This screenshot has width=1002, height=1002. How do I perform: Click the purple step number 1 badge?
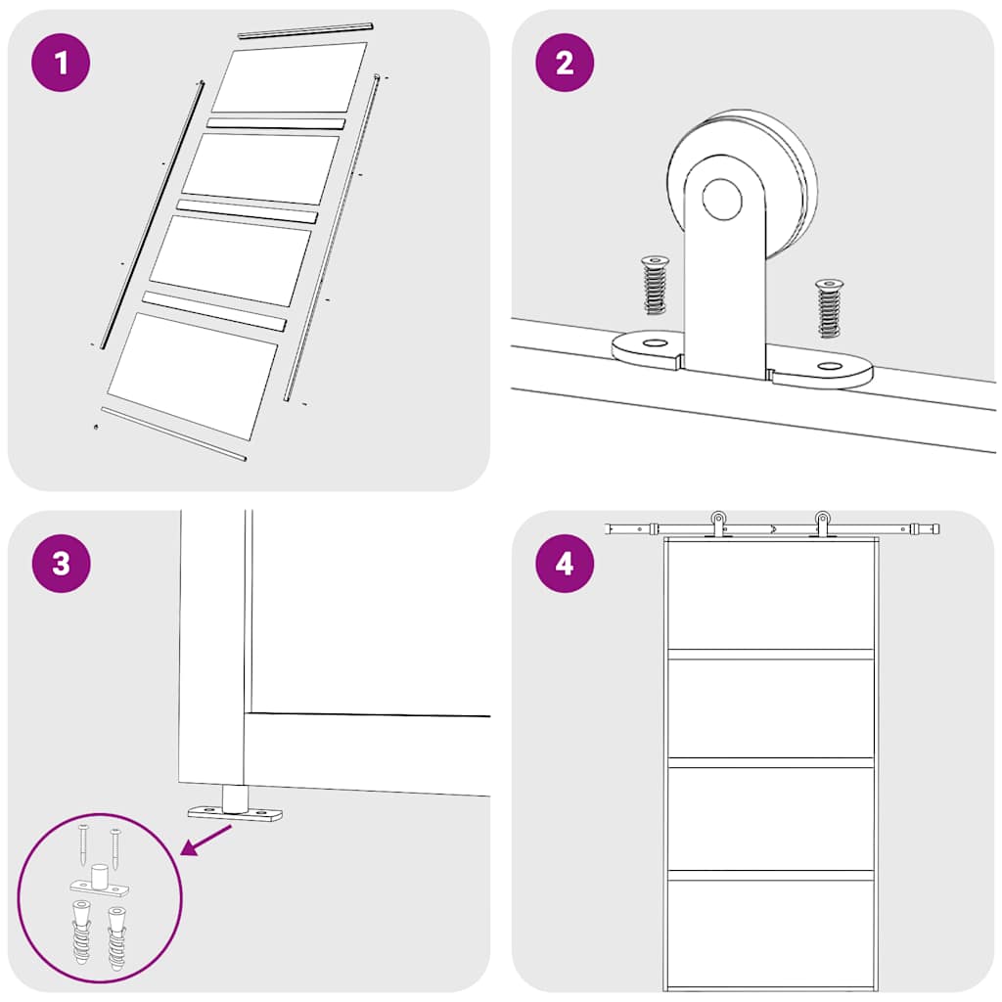[x=62, y=64]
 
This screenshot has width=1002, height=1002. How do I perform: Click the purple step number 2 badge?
[x=565, y=64]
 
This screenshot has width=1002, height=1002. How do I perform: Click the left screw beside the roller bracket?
[x=653, y=285]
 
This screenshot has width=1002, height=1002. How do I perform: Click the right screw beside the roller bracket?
[x=829, y=307]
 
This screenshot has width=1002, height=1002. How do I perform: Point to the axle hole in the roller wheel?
[x=722, y=199]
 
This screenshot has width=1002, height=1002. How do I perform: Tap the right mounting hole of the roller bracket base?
[x=830, y=367]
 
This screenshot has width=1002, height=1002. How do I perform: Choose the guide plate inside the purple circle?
[x=99, y=886]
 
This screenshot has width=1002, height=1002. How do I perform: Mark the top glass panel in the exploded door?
[x=289, y=78]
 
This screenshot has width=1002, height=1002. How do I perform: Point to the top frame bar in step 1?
[x=306, y=30]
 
